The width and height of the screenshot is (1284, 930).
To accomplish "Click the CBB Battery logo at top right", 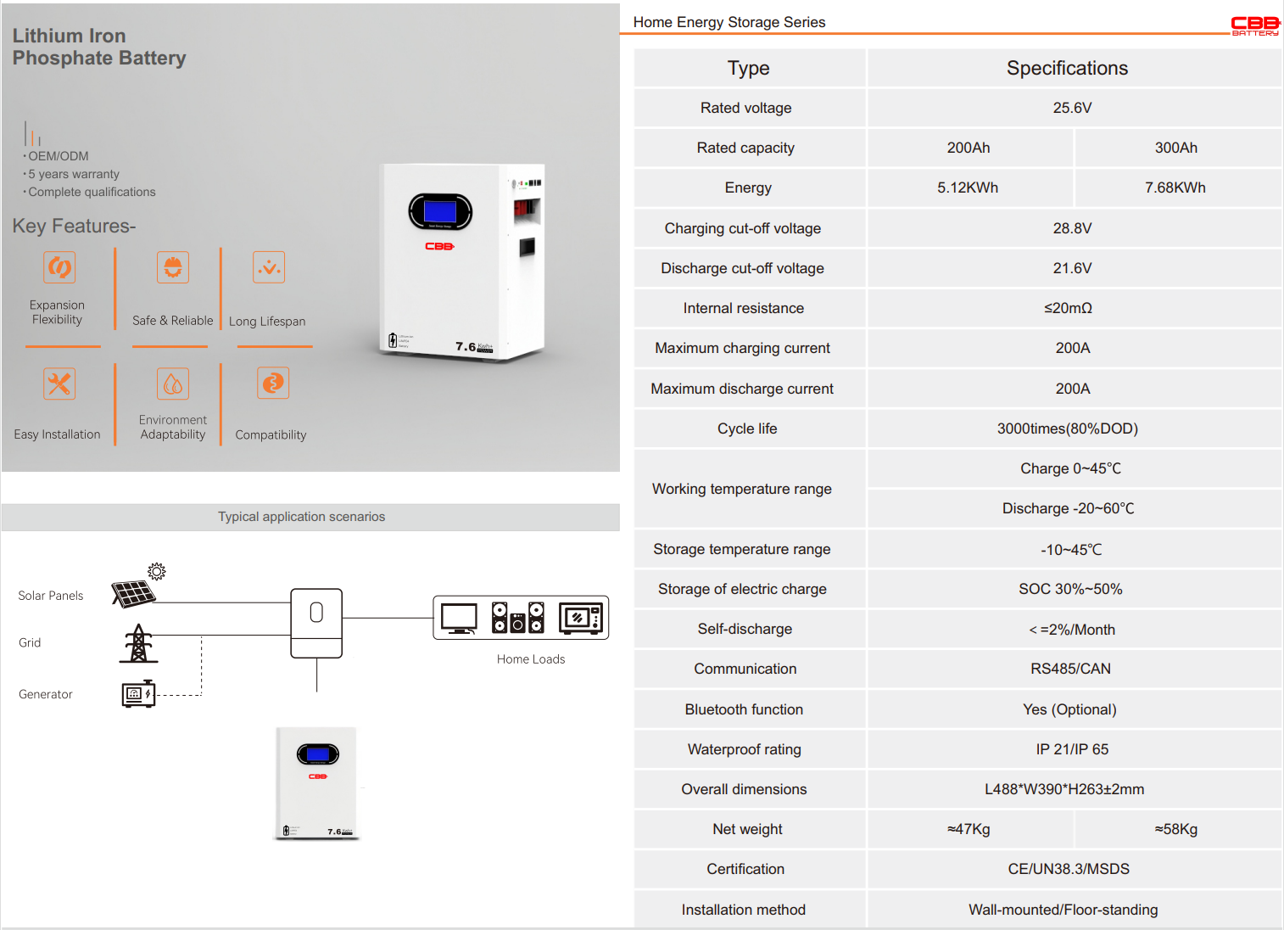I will tap(1255, 25).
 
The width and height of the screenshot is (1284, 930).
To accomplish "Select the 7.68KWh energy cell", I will tap(1175, 188).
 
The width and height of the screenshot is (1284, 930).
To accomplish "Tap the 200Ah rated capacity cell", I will tap(969, 148).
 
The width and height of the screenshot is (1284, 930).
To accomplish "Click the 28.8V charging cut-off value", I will tap(1072, 228).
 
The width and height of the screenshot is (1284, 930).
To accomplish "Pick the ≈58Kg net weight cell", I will tap(1175, 829).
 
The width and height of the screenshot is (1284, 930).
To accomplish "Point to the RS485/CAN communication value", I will tap(1070, 669).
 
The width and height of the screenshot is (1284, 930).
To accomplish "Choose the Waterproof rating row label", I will tap(744, 749).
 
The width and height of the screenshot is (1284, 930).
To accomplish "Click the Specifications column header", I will tap(1067, 68).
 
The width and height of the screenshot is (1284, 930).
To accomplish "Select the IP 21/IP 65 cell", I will tap(1072, 749).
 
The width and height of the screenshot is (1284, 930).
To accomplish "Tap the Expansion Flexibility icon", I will tap(59, 267).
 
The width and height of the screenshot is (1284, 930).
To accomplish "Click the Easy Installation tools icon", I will tap(59, 384).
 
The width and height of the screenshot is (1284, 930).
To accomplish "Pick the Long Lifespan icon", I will tap(269, 267).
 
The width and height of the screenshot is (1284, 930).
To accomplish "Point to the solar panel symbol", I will tap(134, 592).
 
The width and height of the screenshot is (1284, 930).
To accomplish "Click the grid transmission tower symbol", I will tap(138, 644).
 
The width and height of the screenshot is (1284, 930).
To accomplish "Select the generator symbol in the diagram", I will tap(138, 694).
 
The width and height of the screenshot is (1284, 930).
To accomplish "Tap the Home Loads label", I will tap(530, 659).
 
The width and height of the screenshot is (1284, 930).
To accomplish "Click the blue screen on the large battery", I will tap(439, 211).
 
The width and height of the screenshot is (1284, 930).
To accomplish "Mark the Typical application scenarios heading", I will tap(301, 517).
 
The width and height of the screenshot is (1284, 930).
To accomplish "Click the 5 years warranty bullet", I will tap(74, 174).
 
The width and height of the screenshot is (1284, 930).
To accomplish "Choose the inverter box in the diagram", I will tap(316, 623).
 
